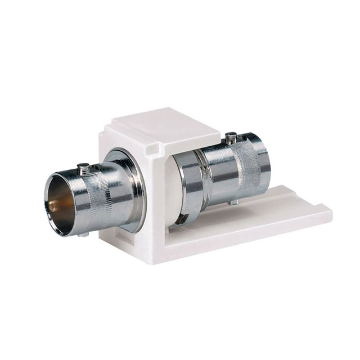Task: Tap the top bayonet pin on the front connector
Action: (x=82, y=167)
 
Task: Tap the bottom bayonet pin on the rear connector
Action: (x=235, y=201)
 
